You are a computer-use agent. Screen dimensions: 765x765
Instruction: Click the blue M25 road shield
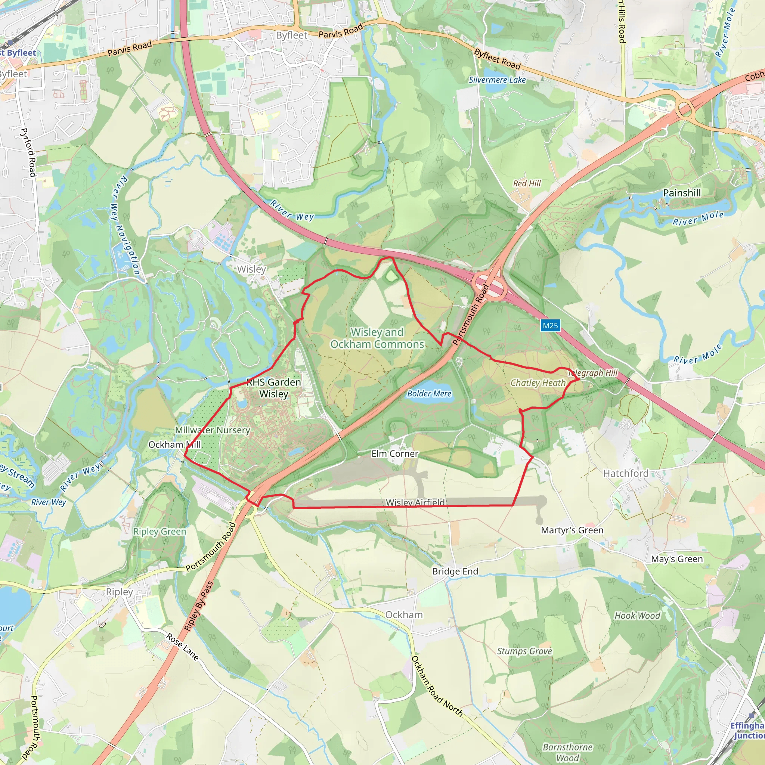(550, 325)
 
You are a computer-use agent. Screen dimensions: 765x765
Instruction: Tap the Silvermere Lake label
(497, 80)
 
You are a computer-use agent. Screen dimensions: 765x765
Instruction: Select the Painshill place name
(682, 193)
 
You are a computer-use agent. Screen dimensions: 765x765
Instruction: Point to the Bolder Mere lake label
(429, 394)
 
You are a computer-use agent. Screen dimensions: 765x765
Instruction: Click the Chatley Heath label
(538, 383)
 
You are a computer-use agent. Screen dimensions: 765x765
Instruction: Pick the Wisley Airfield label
(415, 502)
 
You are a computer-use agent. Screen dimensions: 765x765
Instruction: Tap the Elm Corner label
(395, 454)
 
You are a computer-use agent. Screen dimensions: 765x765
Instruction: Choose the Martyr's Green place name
(572, 530)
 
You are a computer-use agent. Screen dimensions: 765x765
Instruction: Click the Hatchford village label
(626, 473)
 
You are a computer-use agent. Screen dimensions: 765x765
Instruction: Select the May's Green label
(677, 559)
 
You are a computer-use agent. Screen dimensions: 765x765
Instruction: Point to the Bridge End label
(455, 572)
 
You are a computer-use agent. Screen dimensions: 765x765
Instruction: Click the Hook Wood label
(637, 616)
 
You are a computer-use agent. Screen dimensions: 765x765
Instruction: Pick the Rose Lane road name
(182, 647)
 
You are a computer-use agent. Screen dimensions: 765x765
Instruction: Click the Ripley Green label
(159, 532)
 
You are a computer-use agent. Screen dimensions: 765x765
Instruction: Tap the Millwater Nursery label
(213, 430)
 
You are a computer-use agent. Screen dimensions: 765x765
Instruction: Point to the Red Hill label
(527, 183)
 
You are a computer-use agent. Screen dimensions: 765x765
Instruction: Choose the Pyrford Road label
(28, 152)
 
